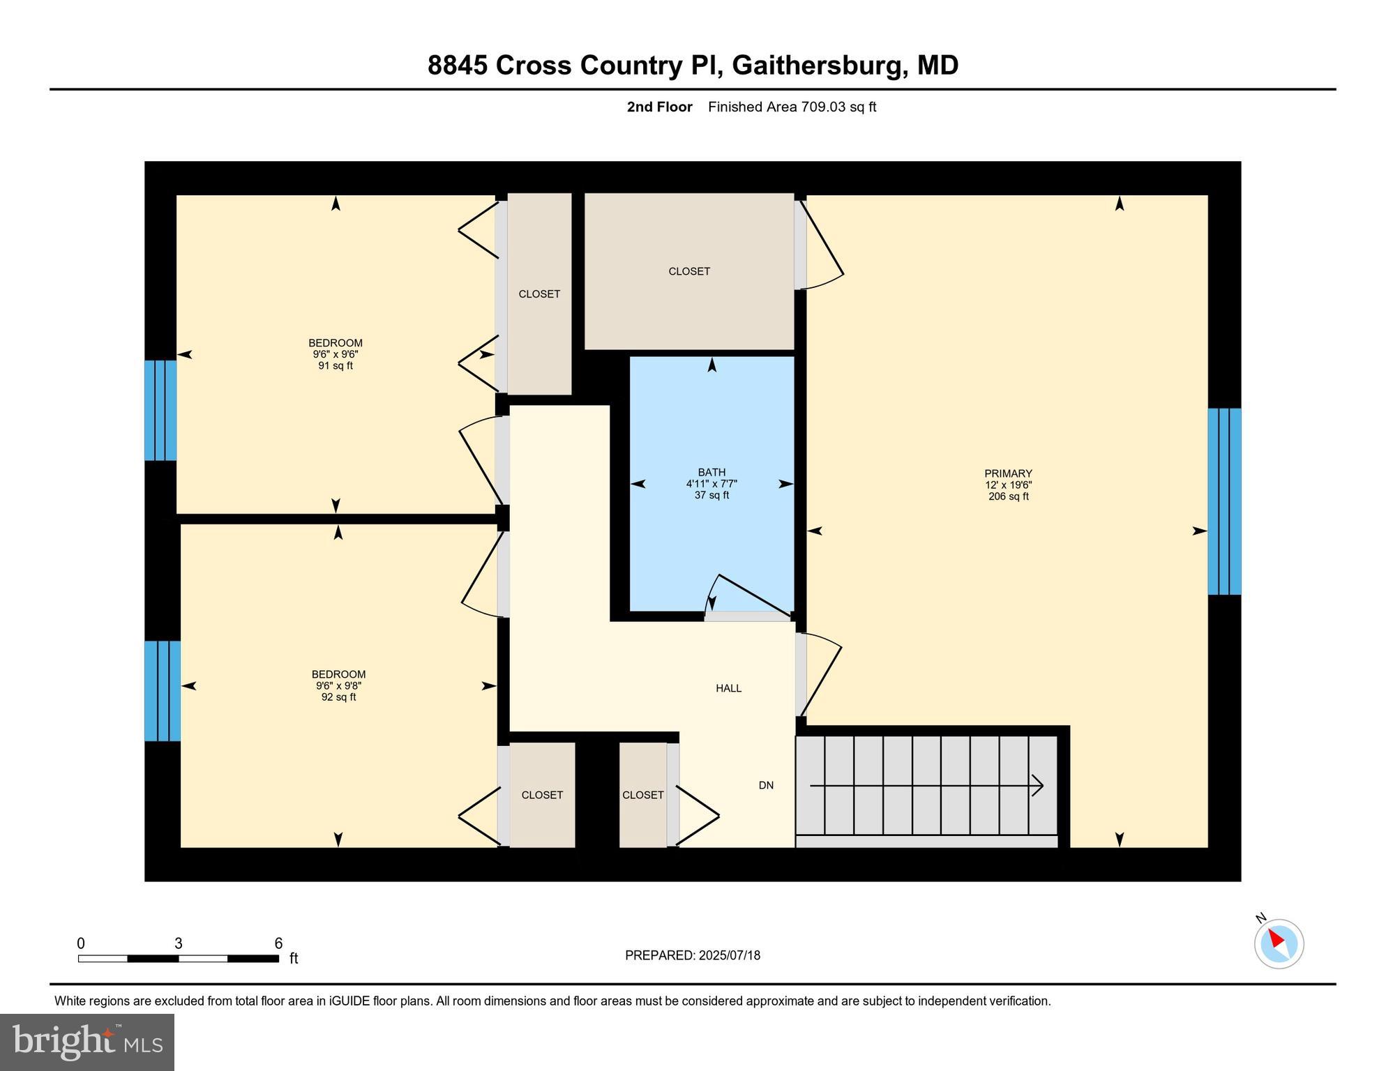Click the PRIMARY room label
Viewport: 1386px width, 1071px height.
point(1008,473)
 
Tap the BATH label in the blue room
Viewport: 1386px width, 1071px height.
point(711,472)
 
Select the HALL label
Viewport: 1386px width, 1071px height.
point(728,688)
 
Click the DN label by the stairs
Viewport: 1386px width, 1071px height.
point(766,785)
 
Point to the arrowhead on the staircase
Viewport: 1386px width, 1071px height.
point(1038,786)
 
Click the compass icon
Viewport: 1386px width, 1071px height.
point(1279,943)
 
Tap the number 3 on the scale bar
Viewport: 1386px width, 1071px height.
point(179,943)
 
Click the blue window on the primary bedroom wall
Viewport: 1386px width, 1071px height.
point(1224,501)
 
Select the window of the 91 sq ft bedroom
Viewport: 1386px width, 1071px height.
point(160,410)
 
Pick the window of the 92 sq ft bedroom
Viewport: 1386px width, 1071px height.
point(163,690)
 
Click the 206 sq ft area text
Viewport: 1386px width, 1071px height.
point(1008,496)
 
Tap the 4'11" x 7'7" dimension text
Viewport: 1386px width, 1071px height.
point(711,484)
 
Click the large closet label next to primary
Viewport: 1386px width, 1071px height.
point(689,271)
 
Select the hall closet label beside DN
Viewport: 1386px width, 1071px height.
point(642,795)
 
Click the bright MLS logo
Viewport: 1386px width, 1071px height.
point(87,1042)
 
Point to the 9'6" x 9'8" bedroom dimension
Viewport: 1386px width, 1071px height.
point(338,685)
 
